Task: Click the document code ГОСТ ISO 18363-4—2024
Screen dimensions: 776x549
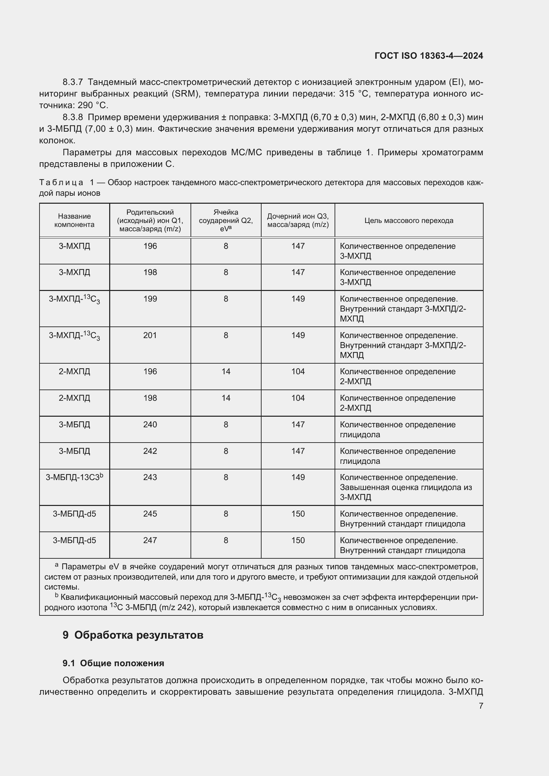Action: [429, 56]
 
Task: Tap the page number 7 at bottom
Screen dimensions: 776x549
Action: [481, 706]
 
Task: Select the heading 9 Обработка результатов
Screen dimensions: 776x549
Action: [133, 635]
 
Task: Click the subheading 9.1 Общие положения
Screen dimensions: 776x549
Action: [113, 663]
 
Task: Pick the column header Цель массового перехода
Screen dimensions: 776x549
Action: [409, 221]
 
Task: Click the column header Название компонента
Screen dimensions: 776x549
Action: [74, 220]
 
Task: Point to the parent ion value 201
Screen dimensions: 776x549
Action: [150, 335]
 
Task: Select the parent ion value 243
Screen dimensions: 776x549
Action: [150, 477]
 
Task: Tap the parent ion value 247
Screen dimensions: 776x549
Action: [150, 540]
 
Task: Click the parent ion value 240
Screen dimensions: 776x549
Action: [150, 425]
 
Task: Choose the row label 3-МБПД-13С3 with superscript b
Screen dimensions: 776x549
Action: [74, 477]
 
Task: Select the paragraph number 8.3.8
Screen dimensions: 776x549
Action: [73, 117]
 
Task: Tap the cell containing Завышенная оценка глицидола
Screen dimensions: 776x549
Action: [405, 487]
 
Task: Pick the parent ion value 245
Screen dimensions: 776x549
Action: [150, 514]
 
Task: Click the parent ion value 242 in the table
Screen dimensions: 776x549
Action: [150, 451]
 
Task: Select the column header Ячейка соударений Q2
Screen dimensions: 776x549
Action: [225, 220]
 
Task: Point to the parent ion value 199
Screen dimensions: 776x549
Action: [150, 299]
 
